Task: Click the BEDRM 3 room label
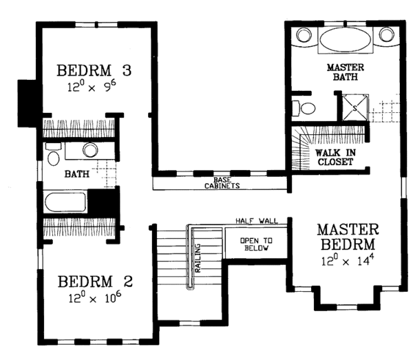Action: tap(94, 70)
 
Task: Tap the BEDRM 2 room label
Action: tap(95, 282)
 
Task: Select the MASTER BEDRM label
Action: tap(348, 237)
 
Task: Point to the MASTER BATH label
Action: tap(346, 72)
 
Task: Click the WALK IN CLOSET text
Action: tap(335, 157)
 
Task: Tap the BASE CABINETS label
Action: tap(222, 183)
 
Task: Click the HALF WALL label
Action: tap(257, 221)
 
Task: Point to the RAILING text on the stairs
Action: tap(198, 258)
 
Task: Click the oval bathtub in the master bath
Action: tap(346, 39)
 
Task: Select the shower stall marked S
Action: tap(355, 107)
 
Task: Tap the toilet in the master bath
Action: tap(304, 108)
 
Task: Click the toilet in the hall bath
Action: tap(54, 155)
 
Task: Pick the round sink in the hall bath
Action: tap(90, 150)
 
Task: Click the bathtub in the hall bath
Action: tap(65, 202)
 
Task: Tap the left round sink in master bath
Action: tap(304, 35)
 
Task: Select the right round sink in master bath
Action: tap(386, 34)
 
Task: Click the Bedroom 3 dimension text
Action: tap(92, 86)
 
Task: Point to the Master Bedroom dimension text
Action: tap(348, 261)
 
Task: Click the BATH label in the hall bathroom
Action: tap(77, 174)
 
